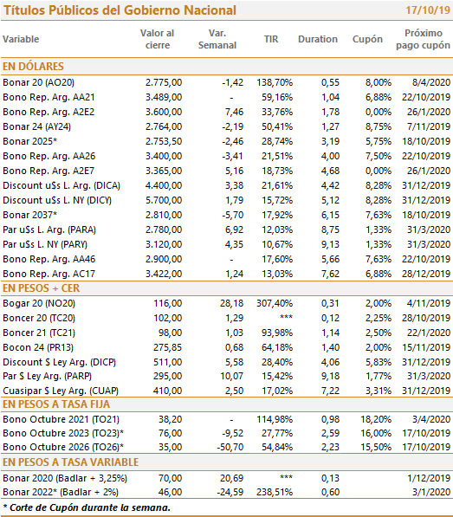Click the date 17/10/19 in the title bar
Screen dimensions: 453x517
click(x=428, y=10)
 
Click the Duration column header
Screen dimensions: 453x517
click(x=318, y=39)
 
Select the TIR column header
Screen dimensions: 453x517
click(x=271, y=39)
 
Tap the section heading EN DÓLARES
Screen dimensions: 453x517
click(x=33, y=67)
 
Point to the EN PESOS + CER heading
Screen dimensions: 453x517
click(x=42, y=288)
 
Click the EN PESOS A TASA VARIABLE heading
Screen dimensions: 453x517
click(x=70, y=462)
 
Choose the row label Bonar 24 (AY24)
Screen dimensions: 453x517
click(x=37, y=126)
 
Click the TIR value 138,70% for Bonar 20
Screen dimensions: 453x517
click(x=275, y=82)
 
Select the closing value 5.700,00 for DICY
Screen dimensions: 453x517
click(x=164, y=200)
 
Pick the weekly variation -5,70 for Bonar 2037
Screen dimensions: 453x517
click(x=232, y=215)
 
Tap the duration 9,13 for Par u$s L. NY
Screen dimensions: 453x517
click(x=330, y=244)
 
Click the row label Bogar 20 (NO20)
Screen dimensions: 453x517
click(x=39, y=303)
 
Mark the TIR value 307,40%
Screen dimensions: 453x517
click(x=275, y=303)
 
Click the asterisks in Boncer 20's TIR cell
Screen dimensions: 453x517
click(x=286, y=317)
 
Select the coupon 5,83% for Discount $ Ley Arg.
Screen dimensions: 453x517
click(x=379, y=362)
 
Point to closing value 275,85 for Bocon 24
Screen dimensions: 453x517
click(x=167, y=347)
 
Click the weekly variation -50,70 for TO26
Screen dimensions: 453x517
click(x=230, y=447)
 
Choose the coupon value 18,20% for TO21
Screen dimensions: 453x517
click(x=376, y=419)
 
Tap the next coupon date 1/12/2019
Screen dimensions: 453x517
click(x=429, y=478)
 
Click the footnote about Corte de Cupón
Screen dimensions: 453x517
click(x=87, y=507)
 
